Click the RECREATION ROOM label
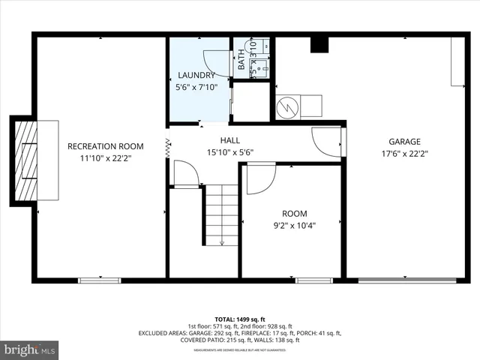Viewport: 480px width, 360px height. [x=105, y=145]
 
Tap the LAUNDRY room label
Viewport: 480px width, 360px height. [x=196, y=75]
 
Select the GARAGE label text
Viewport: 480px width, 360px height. [x=404, y=141]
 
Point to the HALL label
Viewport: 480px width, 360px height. [x=230, y=140]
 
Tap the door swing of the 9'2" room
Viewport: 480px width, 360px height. [x=259, y=178]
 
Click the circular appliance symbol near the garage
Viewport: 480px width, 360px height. [x=288, y=108]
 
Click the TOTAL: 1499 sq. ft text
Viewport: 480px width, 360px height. [x=240, y=319]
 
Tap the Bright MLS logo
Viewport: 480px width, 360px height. [x=30, y=349]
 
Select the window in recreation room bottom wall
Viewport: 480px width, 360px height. [x=100, y=280]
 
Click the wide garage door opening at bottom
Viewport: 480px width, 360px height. [x=406, y=280]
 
